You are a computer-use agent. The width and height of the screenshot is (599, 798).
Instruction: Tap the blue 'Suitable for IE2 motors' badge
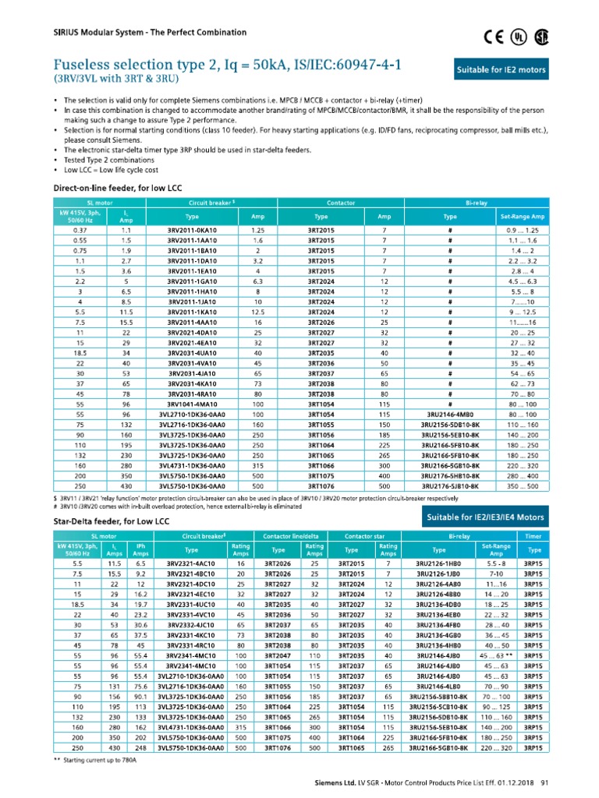click(511, 70)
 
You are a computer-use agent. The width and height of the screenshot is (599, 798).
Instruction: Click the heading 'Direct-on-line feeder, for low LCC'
click(117, 189)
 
